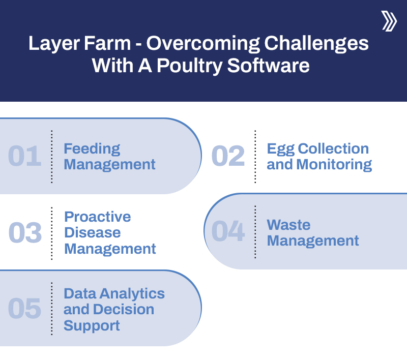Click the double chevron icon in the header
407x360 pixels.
(389, 21)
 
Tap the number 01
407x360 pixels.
(24, 156)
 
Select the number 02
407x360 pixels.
(228, 156)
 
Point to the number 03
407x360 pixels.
(25, 233)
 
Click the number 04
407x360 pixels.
(228, 231)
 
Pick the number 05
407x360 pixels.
(24, 309)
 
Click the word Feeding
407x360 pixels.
(92, 148)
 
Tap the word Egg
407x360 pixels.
(280, 148)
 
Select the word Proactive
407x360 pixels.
(97, 217)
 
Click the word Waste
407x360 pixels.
(288, 225)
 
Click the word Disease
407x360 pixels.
(92, 233)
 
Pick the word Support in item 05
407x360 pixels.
(92, 325)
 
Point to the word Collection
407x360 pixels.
(333, 148)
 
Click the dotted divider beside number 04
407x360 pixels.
(255, 232)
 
